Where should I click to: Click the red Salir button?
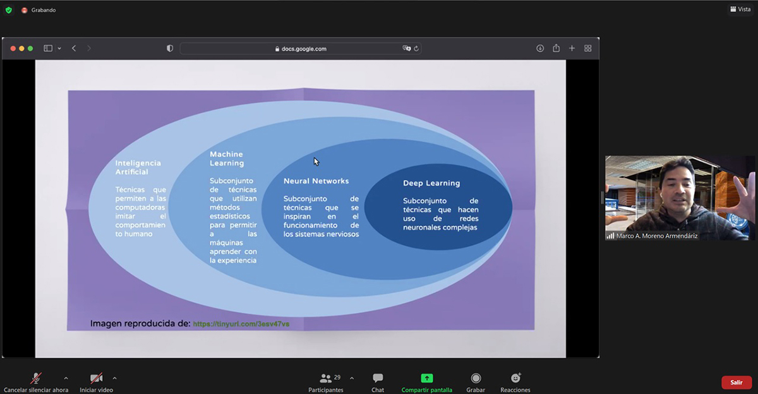click(x=737, y=383)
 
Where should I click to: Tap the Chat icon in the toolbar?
click(x=378, y=378)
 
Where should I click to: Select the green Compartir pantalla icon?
click(x=427, y=378)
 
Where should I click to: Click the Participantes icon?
click(x=325, y=378)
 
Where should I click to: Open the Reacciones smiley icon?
click(x=515, y=378)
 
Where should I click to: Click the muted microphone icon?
click(x=36, y=378)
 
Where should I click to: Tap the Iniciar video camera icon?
click(x=97, y=378)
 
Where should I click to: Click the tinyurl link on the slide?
click(x=241, y=324)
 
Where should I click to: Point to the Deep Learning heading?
click(x=431, y=183)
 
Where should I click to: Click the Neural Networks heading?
click(x=316, y=181)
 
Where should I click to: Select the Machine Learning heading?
click(x=227, y=158)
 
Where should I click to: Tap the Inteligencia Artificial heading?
click(x=138, y=167)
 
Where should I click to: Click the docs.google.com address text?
click(x=304, y=49)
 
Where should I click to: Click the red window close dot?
click(x=13, y=49)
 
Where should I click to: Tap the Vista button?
click(x=740, y=9)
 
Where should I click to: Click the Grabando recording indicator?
click(x=39, y=10)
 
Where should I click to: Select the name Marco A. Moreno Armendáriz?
click(x=657, y=236)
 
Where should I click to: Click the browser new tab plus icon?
click(x=572, y=49)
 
